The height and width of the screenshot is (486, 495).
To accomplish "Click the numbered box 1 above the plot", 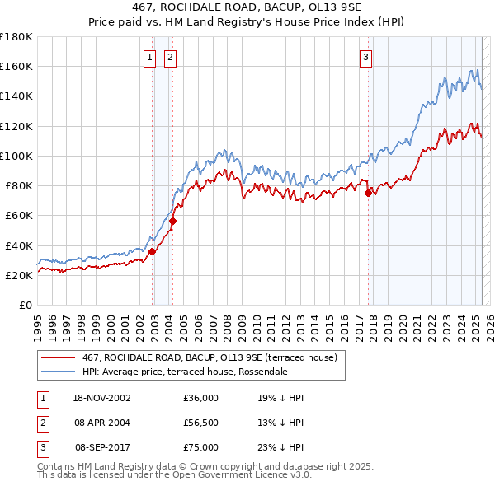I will pyautogui.click(x=149, y=58).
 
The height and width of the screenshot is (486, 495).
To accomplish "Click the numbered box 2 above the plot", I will pyautogui.click(x=170, y=58).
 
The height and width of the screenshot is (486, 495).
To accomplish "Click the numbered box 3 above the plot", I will pyautogui.click(x=365, y=58).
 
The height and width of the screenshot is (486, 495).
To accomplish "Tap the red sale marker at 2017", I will pyautogui.click(x=368, y=194).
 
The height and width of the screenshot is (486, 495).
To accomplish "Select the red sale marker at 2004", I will pyautogui.click(x=173, y=221).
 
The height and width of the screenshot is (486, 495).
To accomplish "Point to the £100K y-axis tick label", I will pyautogui.click(x=16, y=156).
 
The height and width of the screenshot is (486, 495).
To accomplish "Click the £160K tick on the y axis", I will pyautogui.click(x=16, y=66).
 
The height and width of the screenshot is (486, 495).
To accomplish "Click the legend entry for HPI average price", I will pyautogui.click(x=184, y=372).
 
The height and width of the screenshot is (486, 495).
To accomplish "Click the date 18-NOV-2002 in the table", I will pyautogui.click(x=101, y=398).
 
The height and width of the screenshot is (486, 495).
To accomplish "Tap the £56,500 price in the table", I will pyautogui.click(x=201, y=423).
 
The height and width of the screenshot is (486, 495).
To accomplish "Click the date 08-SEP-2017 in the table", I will pyautogui.click(x=101, y=447).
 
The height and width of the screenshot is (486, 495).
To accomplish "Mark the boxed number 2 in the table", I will pyautogui.click(x=41, y=423).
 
